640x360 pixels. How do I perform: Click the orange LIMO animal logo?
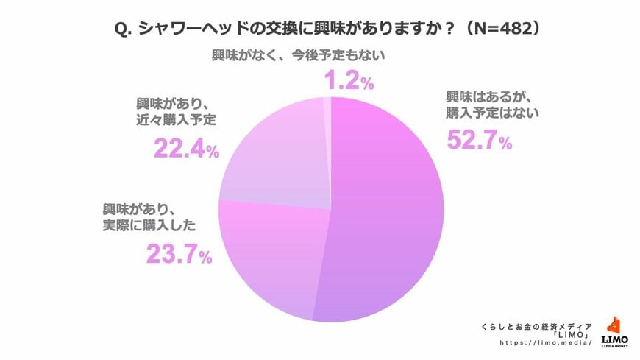(x=615, y=325)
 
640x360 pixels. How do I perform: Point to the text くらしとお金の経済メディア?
(x=530, y=322)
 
